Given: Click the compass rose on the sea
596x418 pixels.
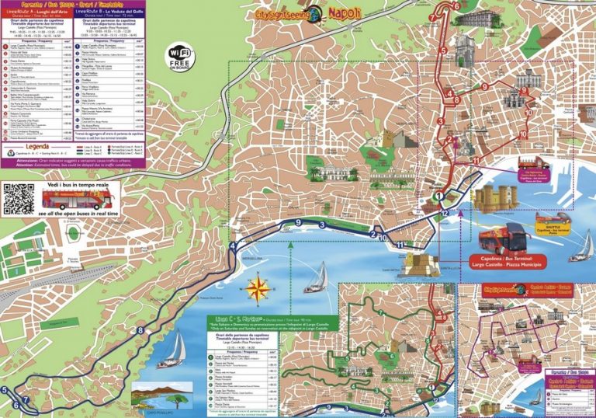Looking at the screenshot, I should tap(260, 289).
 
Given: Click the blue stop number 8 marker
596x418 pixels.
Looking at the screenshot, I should tap(140, 331).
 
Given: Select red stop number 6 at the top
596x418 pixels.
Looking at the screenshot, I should tap(456, 7).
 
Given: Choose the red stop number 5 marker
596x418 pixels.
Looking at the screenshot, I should tap(442, 51).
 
